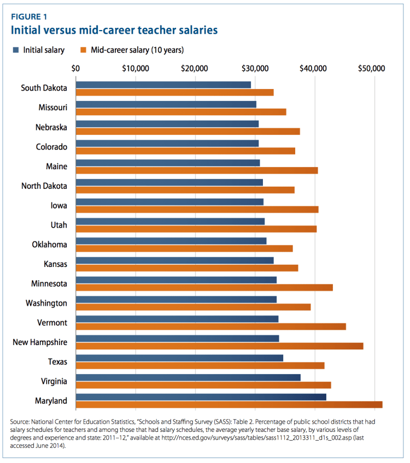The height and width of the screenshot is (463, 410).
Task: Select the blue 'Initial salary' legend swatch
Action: coord(16,50)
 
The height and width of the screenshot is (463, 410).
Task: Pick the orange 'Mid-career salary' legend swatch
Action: coord(84,50)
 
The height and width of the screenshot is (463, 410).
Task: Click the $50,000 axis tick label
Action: coord(372,68)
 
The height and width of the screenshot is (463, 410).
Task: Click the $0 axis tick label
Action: coord(76,68)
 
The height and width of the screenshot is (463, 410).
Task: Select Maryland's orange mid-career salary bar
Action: coord(229,405)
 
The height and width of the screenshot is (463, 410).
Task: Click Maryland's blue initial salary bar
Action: coord(201,397)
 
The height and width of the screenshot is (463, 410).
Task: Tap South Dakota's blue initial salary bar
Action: coord(163,85)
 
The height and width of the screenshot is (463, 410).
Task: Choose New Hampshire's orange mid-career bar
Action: coord(219,346)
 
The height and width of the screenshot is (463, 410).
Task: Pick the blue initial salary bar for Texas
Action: coord(179,358)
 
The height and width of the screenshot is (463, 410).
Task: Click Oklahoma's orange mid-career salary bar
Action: coord(184,248)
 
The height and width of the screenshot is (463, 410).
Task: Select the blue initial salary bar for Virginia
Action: coord(188,377)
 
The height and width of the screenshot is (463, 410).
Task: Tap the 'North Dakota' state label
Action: coord(44,186)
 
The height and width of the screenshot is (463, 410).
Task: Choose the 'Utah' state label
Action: coord(58,225)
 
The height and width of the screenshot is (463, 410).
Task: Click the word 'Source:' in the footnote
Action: coord(20,422)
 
